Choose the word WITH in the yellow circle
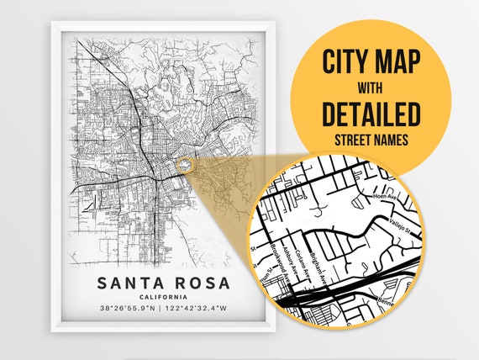pos(371,87)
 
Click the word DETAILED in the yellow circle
pos(371,113)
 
